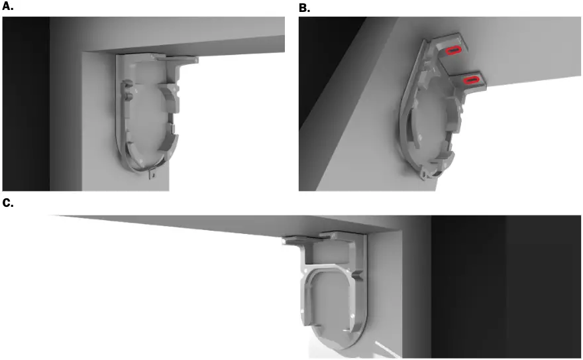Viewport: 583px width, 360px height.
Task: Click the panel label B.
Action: pos(304,7)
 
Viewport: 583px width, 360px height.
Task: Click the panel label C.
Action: pos(7,203)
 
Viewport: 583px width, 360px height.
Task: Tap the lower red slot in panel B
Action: pos(471,80)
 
